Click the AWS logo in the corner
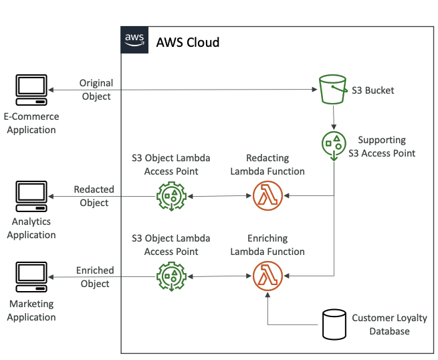click(134, 40)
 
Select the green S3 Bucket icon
click(332, 90)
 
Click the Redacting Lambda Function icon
click(267, 197)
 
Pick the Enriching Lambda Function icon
click(267, 276)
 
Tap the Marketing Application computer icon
click(31, 276)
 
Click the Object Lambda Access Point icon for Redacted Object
click(171, 197)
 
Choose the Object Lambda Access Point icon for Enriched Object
click(171, 276)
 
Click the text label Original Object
click(96, 90)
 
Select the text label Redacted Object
click(94, 196)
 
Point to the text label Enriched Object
click(94, 276)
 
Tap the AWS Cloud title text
click(187, 42)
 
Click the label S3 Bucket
click(372, 90)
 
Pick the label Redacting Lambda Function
click(267, 165)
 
